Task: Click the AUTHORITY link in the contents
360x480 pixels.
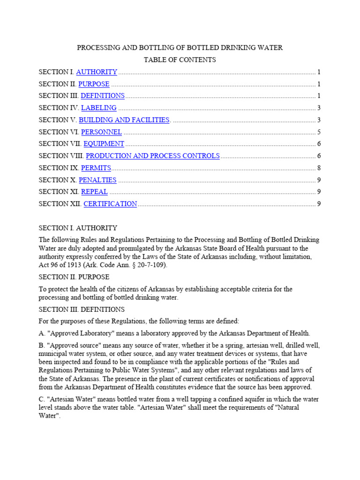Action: pyautogui.click(x=97, y=72)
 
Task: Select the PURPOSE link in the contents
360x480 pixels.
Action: pyautogui.click(x=94, y=84)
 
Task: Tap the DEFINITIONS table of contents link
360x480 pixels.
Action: pyautogui.click(x=103, y=96)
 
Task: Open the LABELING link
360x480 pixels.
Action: pyautogui.click(x=98, y=108)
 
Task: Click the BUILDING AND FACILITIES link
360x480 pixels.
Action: pyautogui.click(x=124, y=120)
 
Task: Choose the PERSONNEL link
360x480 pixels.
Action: pyautogui.click(x=101, y=132)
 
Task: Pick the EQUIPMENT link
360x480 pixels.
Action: pyautogui.click(x=104, y=144)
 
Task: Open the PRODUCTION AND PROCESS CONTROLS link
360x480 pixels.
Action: pyautogui.click(x=153, y=156)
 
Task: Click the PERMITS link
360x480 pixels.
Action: pyautogui.click(x=96, y=168)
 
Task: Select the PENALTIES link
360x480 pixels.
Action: pyautogui.click(x=97, y=180)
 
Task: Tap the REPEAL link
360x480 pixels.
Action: pyautogui.click(x=94, y=192)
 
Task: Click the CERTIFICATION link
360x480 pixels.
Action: pyautogui.click(x=110, y=204)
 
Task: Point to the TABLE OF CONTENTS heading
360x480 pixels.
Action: pyautogui.click(x=180, y=60)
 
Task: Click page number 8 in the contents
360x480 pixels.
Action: pyautogui.click(x=319, y=168)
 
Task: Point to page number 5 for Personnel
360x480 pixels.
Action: pyautogui.click(x=319, y=132)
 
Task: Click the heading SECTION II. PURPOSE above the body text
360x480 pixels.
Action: pyautogui.click(x=74, y=277)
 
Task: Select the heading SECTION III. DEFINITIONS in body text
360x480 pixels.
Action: pyautogui.click(x=82, y=309)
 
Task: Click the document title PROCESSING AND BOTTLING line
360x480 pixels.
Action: pyautogui.click(x=180, y=48)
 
